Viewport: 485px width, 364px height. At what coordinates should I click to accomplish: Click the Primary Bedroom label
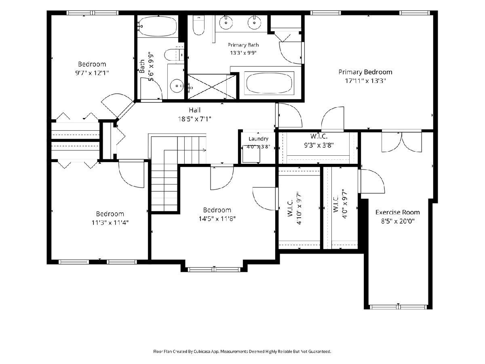365,72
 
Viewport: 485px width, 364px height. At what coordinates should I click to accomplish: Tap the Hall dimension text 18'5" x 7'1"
195,119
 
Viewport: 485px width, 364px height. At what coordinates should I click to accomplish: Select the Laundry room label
258,139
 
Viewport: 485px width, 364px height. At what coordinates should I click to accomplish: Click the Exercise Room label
398,212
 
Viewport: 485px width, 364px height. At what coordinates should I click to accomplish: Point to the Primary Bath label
243,45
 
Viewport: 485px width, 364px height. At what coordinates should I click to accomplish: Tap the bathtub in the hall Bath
157,26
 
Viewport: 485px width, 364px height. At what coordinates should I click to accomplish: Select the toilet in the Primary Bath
198,25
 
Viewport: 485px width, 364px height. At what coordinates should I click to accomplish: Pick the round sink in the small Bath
177,86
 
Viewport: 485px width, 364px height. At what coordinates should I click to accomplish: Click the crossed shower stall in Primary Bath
212,87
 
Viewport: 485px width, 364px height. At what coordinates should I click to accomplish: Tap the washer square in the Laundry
251,154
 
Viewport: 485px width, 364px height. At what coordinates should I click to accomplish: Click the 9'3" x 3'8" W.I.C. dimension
319,145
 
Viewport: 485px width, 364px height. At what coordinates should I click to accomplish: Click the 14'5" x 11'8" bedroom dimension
217,219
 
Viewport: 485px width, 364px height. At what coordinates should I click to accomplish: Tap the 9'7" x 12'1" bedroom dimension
92,73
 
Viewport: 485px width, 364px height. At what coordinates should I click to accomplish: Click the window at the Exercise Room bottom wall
398,307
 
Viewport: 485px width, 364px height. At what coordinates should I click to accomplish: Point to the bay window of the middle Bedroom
214,269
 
